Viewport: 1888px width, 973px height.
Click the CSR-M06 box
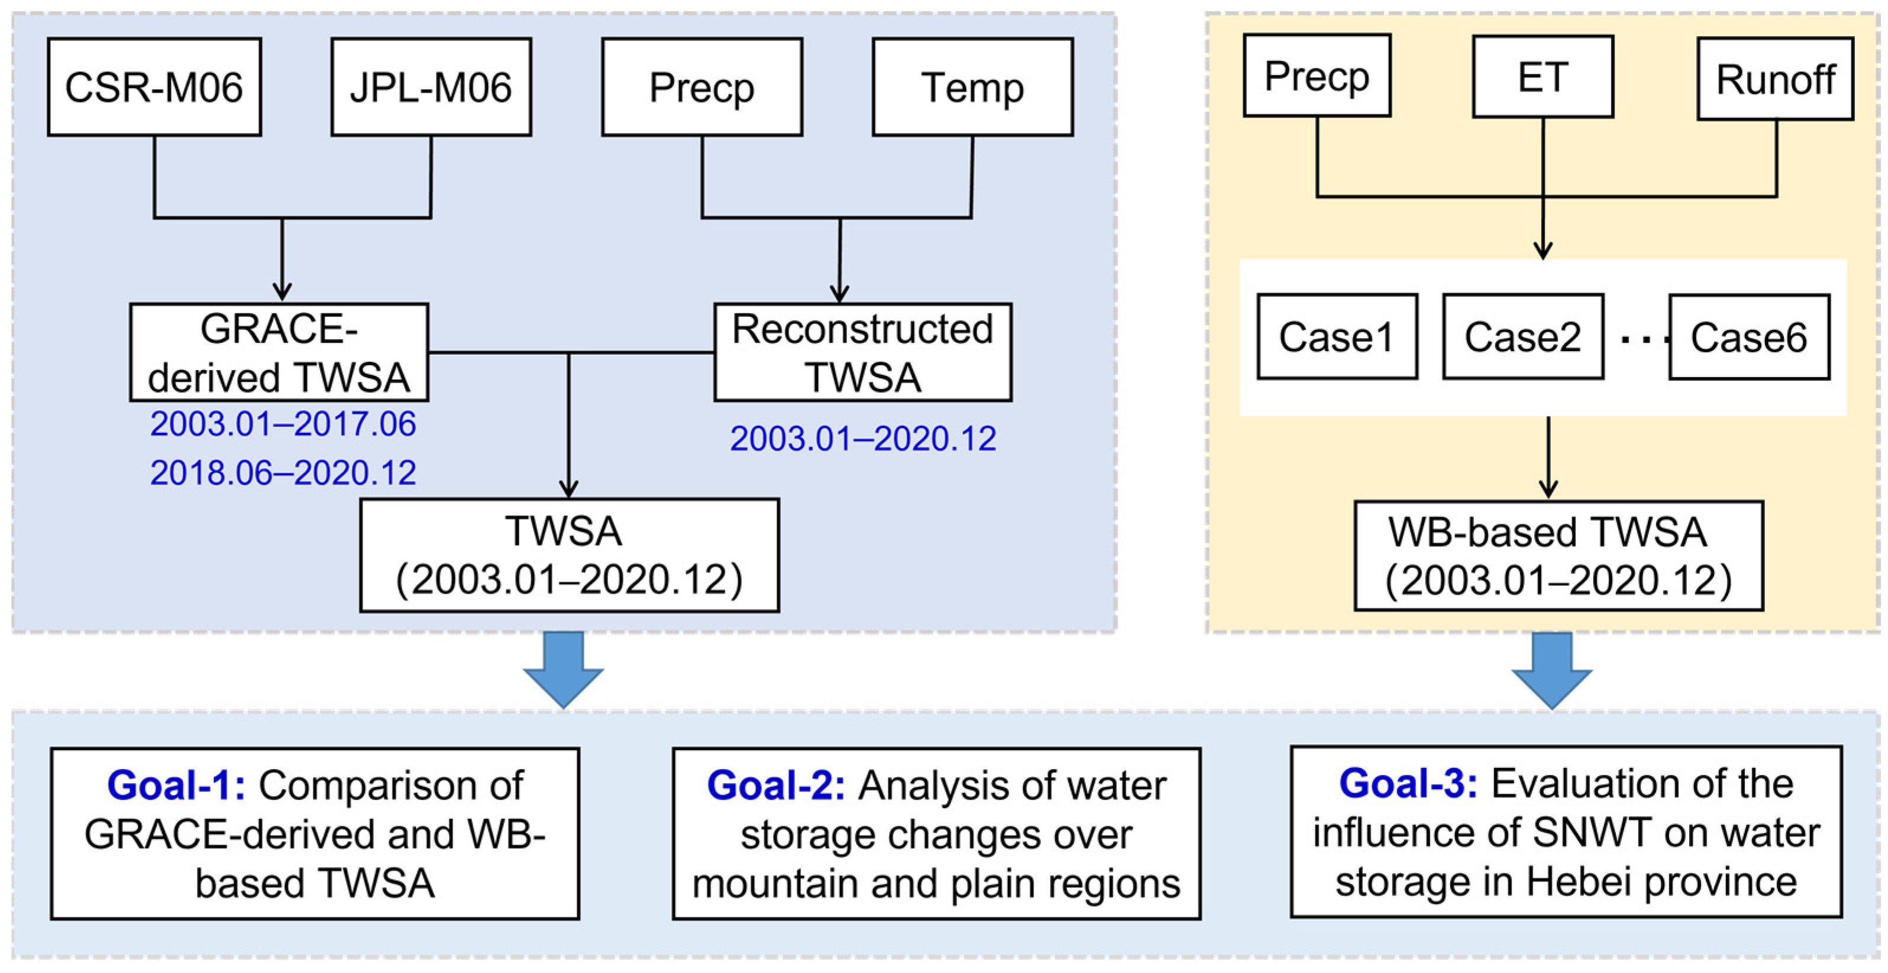(x=154, y=86)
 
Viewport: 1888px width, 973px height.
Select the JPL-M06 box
(x=431, y=86)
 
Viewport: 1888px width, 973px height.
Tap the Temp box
(x=972, y=86)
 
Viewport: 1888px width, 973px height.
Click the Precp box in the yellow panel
(x=1317, y=76)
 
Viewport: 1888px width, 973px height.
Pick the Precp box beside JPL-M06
(x=701, y=86)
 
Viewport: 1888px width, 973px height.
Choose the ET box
(x=1543, y=76)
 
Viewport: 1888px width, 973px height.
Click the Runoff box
(x=1775, y=79)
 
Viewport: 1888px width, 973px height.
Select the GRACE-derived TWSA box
(x=279, y=352)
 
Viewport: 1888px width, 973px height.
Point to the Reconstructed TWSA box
(x=862, y=352)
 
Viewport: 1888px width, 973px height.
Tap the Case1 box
(x=1337, y=337)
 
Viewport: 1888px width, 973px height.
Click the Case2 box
(x=1523, y=337)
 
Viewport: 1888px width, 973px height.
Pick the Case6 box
(x=1749, y=337)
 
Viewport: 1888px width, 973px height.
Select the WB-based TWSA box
(x=1558, y=556)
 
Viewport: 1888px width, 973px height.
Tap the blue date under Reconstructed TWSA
(x=862, y=439)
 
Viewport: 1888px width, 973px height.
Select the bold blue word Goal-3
(x=1408, y=783)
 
